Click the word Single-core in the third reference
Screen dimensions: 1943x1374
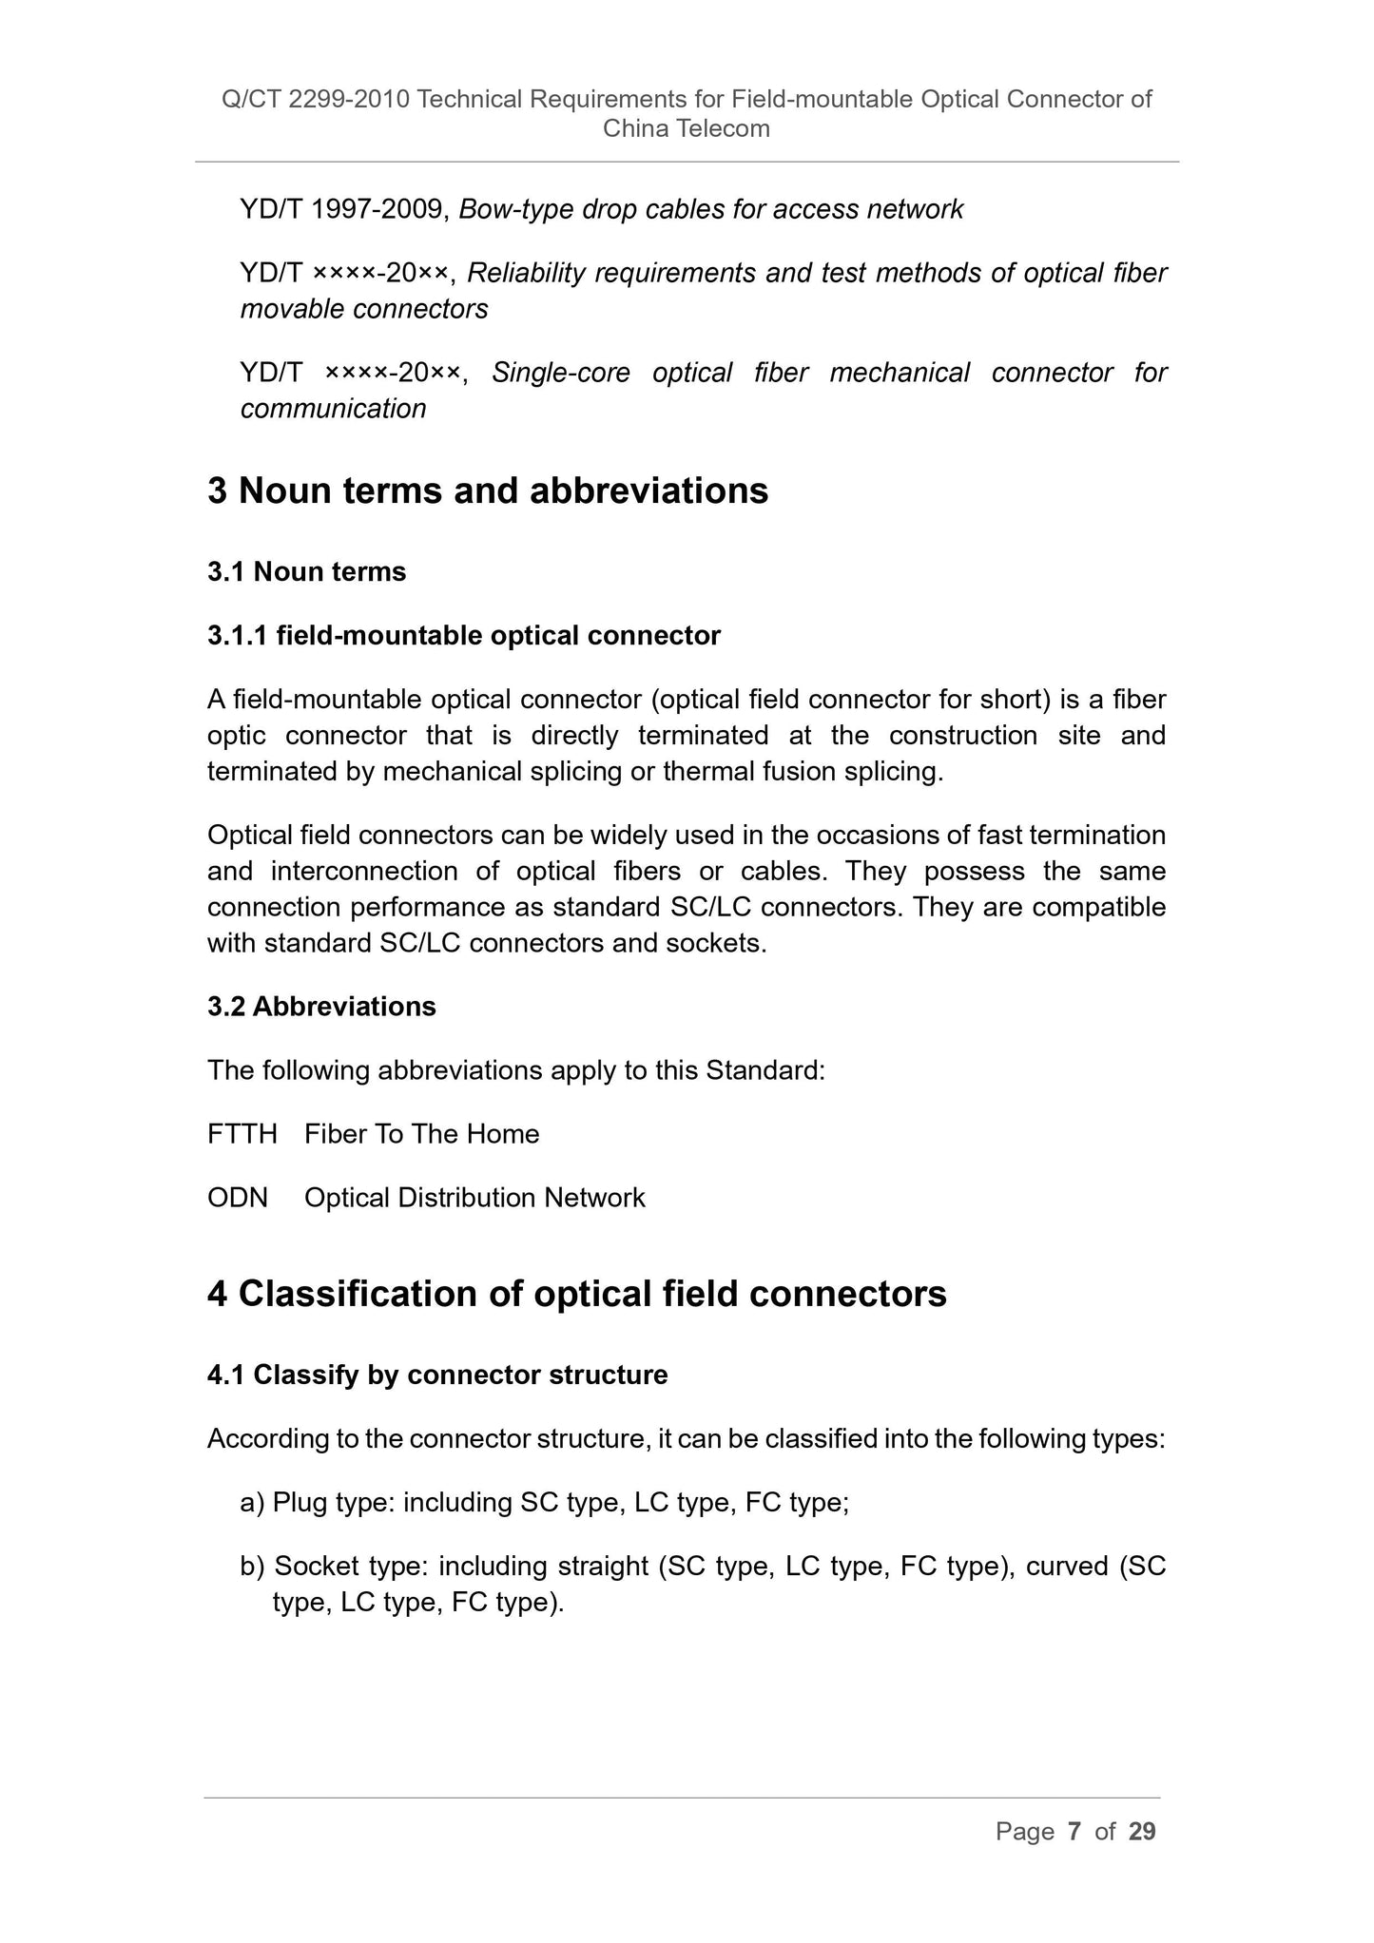tap(560, 373)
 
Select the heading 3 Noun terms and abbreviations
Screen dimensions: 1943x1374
tap(488, 491)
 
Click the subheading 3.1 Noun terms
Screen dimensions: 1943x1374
tap(306, 572)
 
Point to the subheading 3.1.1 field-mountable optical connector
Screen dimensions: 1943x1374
tap(464, 636)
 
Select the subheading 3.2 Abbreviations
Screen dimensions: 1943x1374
tap(321, 1007)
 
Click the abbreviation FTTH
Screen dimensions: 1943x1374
tap(242, 1134)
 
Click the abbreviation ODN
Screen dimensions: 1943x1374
tap(238, 1198)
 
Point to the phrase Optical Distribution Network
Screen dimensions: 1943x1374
tap(474, 1198)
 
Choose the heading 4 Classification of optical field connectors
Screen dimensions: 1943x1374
tap(577, 1294)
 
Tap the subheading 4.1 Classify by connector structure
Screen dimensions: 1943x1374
tap(437, 1375)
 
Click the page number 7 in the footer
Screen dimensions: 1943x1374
tap(1074, 1832)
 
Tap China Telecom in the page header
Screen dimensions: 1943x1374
tap(687, 129)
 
